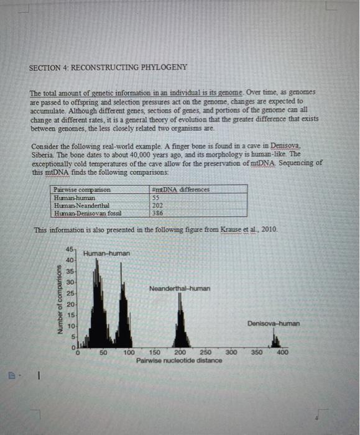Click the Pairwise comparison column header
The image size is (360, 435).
[x=83, y=189]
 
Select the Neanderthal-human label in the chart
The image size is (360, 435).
[x=180, y=288]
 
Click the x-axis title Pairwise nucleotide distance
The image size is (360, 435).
[x=179, y=360]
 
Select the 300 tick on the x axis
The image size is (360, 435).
[x=231, y=353]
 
